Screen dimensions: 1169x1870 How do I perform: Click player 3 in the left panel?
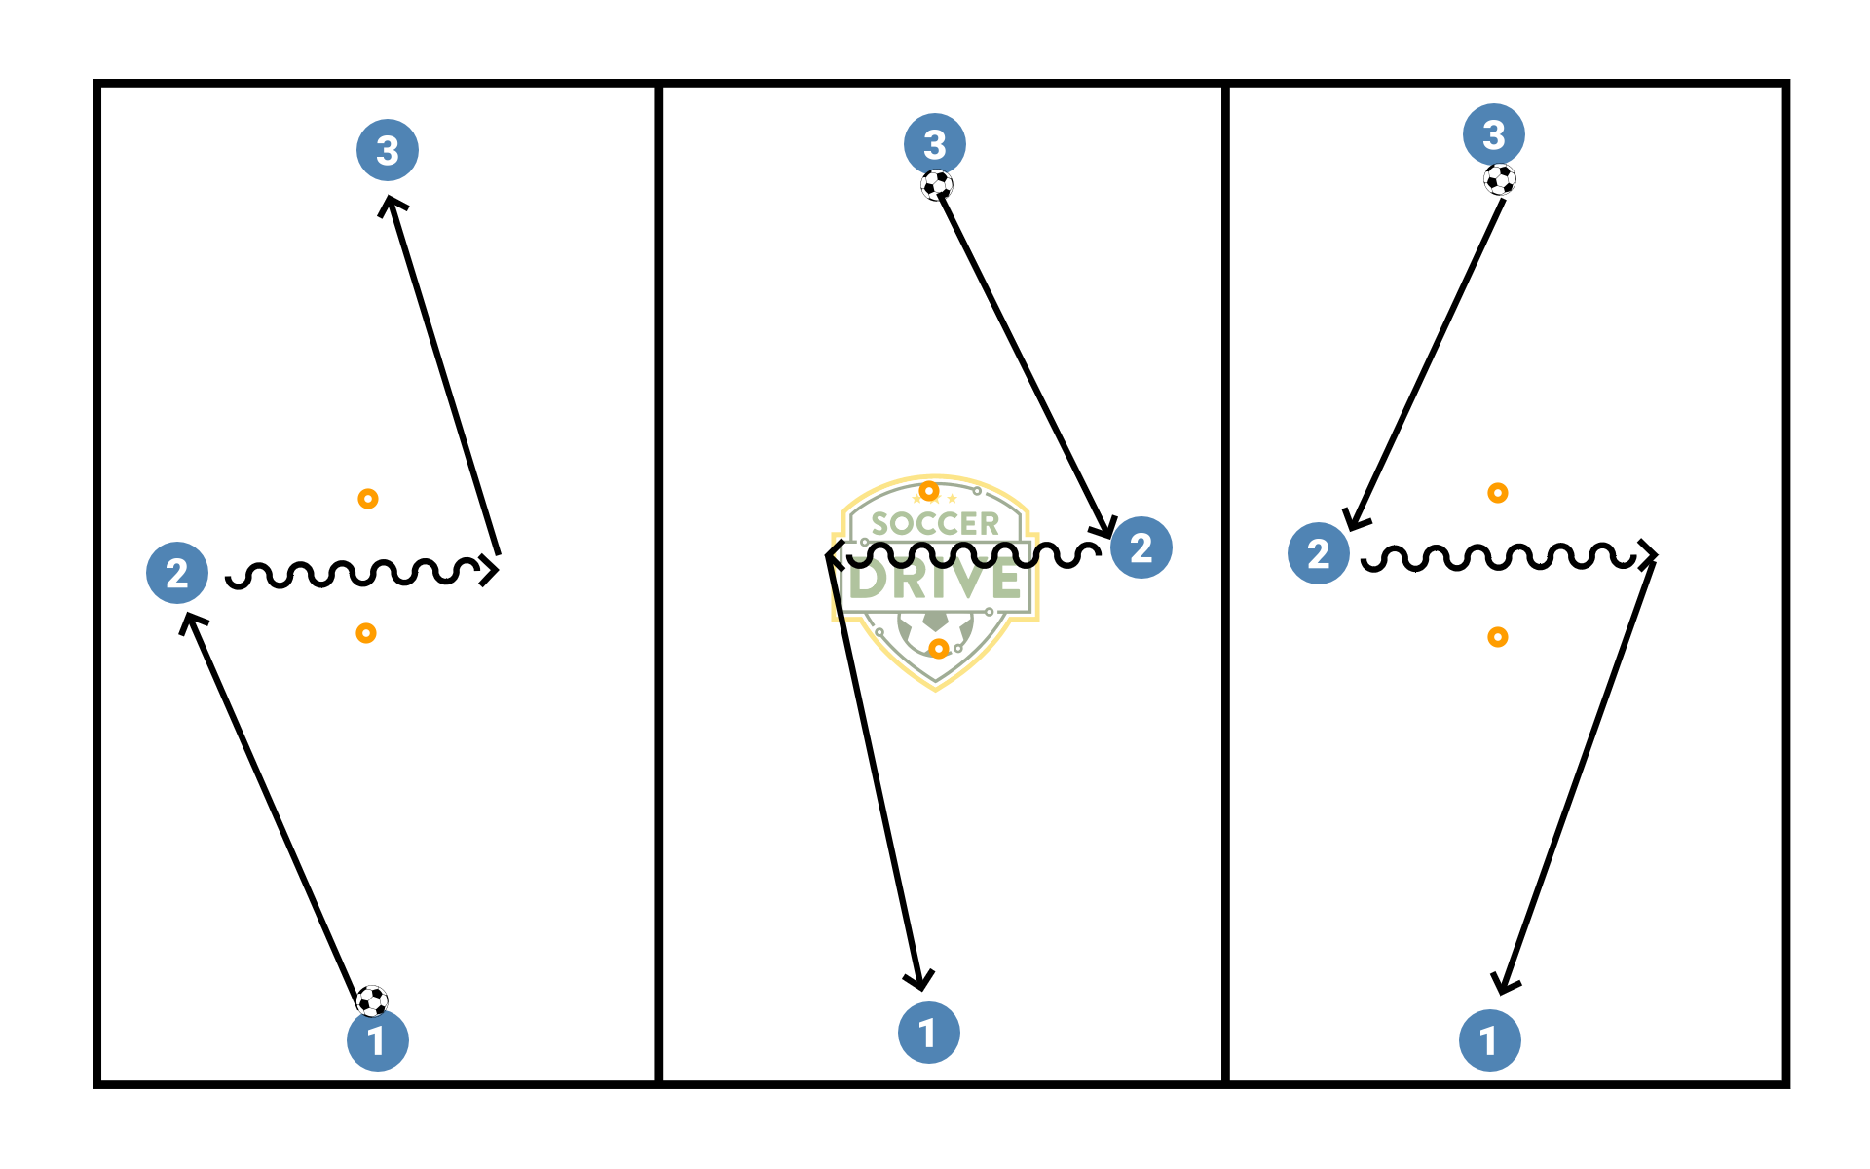point(388,150)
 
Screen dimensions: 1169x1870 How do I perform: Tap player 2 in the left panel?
point(177,573)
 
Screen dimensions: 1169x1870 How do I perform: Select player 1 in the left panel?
point(378,1040)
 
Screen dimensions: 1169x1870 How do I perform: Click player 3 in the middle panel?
point(935,144)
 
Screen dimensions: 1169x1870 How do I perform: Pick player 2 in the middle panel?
point(1141,547)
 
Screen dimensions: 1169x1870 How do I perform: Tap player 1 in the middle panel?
point(929,1033)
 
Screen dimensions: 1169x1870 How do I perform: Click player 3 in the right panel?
point(1494,134)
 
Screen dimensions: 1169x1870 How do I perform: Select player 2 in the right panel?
point(1319,553)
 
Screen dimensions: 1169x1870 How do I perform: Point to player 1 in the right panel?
point(1490,1040)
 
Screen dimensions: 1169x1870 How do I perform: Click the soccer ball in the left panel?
point(372,1000)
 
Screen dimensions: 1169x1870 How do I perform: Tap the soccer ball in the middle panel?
point(937,185)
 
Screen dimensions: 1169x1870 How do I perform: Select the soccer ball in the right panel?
point(1500,179)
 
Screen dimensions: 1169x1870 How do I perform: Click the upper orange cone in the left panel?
point(368,499)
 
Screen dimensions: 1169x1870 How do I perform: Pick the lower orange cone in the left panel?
point(366,633)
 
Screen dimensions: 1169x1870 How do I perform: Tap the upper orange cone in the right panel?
point(1498,493)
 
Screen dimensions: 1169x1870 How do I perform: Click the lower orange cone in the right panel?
point(1498,637)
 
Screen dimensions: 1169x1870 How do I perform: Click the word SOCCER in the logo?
point(935,524)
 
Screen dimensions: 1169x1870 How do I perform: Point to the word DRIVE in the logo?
point(935,581)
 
